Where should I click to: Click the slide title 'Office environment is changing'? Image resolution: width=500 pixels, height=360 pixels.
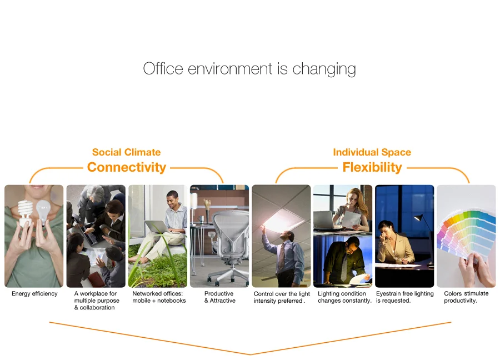249,69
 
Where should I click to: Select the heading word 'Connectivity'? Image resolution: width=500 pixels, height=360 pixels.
127,167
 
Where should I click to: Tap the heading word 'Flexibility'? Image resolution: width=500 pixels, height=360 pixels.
372,167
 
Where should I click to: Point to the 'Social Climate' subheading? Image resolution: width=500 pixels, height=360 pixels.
126,152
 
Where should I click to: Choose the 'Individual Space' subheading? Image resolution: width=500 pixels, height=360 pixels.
372,152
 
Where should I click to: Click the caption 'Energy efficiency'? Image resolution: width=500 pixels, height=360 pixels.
34,294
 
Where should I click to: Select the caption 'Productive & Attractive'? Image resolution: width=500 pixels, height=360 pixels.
219,297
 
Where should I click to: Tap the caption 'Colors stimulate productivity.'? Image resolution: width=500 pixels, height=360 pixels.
466,297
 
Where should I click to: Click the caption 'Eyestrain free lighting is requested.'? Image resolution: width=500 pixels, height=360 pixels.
404,297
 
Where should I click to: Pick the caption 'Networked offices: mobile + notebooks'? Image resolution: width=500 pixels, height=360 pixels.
159,297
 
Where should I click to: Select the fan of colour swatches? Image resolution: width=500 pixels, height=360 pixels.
465,233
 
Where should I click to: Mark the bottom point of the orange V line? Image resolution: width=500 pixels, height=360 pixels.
250,354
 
